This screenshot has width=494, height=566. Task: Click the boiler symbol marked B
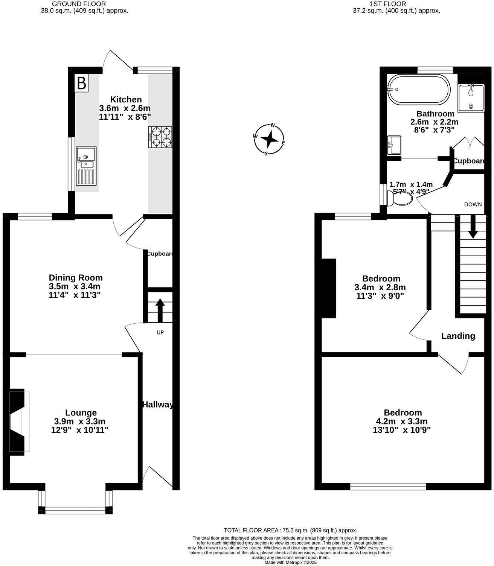pos(82,83)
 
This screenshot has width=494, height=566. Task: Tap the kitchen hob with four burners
pos(160,137)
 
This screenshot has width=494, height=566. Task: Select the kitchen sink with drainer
pos(86,166)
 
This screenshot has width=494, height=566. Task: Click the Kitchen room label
pos(126,100)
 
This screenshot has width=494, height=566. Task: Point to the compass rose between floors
pos(269,139)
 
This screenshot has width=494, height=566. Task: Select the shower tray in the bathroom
pos(471,97)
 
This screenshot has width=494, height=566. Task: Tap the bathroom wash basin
pos(394,145)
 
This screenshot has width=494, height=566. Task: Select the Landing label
pos(458,336)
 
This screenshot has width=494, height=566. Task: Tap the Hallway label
pos(158,405)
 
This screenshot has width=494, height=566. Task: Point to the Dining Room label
pos(76,278)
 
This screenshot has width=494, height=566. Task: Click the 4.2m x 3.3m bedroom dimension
pos(403,421)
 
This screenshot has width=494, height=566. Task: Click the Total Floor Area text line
pos(290,530)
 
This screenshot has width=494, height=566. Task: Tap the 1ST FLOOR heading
pos(396,4)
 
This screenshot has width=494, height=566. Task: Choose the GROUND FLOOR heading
pos(84,4)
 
